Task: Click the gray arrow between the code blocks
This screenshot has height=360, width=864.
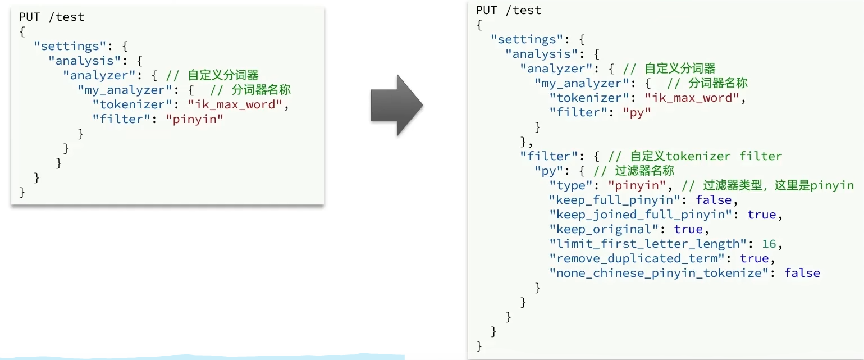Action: tap(396, 104)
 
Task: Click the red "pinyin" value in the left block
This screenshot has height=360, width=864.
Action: tap(194, 119)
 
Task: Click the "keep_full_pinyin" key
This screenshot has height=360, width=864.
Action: tap(616, 200)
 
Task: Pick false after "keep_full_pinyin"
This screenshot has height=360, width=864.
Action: tap(714, 200)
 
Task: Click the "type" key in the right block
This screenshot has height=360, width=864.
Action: tap(569, 185)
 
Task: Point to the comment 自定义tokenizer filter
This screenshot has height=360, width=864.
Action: tap(706, 156)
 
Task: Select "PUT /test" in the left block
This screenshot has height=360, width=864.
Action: tap(52, 17)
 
